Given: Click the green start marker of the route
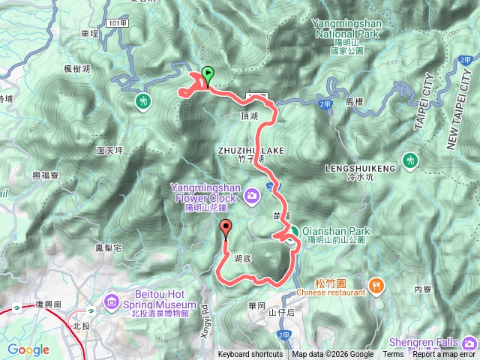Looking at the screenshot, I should pos(208,74).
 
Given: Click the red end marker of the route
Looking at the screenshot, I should pos(226,229).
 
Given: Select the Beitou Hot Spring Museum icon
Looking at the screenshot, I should pos(112,302).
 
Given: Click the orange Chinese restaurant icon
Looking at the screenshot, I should pos(376,285).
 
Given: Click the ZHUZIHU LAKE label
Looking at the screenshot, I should pos(250,151).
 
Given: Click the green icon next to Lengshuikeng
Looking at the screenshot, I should pos(409,160).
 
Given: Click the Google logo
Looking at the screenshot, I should pos(28,349).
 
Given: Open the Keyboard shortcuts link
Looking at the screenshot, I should pos(250,355).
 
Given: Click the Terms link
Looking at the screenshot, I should pos(393,355).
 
